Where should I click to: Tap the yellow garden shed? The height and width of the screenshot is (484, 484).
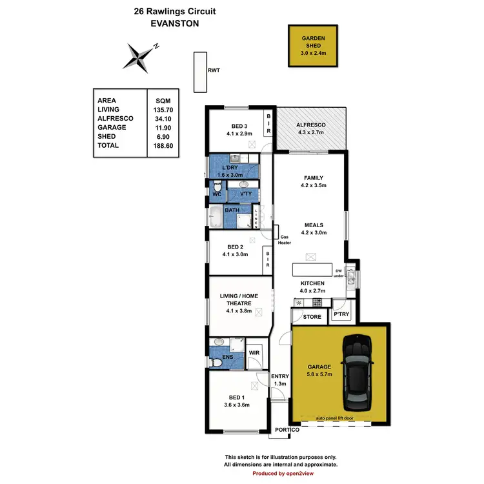coord(312,45)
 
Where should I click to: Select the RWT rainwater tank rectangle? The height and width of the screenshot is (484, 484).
coord(197,72)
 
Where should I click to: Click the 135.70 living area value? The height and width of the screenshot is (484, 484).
coord(164,110)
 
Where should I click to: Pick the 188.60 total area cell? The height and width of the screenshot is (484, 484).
coord(164,146)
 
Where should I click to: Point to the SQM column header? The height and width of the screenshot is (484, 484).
coord(164,101)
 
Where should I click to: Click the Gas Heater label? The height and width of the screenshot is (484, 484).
coord(285,239)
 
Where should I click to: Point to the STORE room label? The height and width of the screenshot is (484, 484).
coord(312,317)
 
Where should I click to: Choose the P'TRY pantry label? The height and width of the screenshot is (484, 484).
coord(341,314)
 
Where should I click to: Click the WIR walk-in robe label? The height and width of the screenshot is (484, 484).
coord(254,353)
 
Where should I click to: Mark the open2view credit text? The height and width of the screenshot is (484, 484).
coord(281,473)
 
